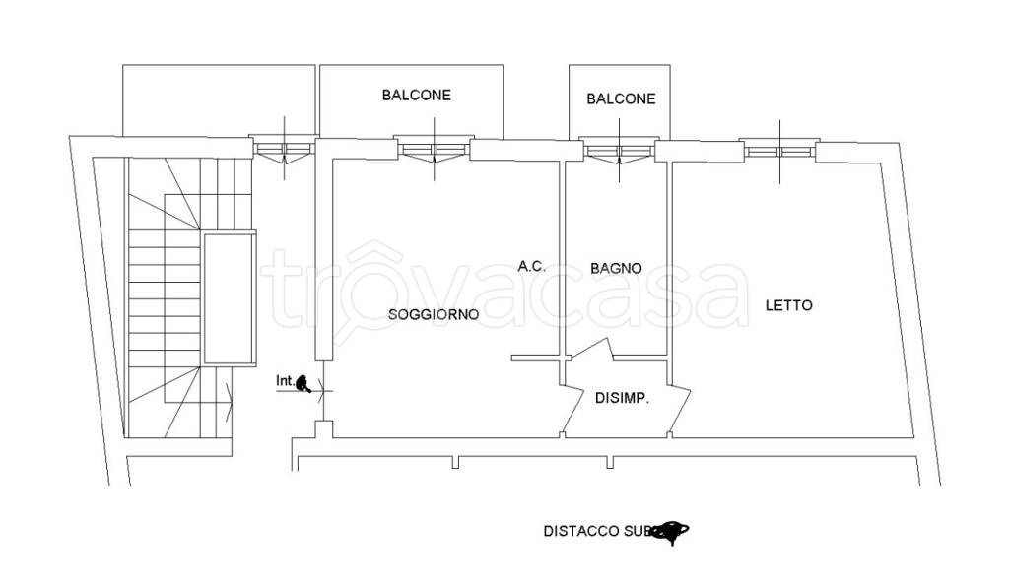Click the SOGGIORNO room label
tap(434, 315)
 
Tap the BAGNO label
tap(617, 268)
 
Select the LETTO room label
tap(789, 305)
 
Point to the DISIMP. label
tap(622, 398)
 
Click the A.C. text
tap(532, 266)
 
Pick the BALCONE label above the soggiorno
tap(417, 96)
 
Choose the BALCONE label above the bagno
tap(621, 98)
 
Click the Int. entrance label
tap(286, 380)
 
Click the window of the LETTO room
tap(779, 151)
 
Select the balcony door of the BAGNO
tap(618, 151)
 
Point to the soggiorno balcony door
tap(434, 150)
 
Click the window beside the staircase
tap(285, 150)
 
